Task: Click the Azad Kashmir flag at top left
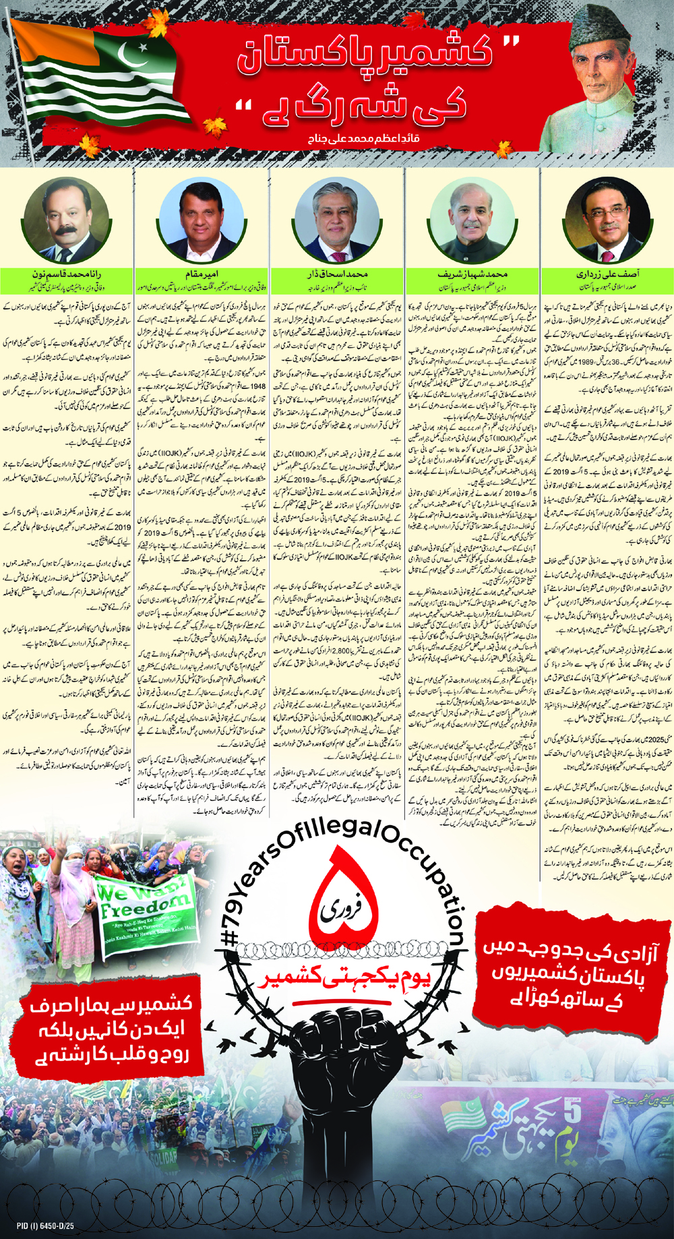point(101,74)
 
